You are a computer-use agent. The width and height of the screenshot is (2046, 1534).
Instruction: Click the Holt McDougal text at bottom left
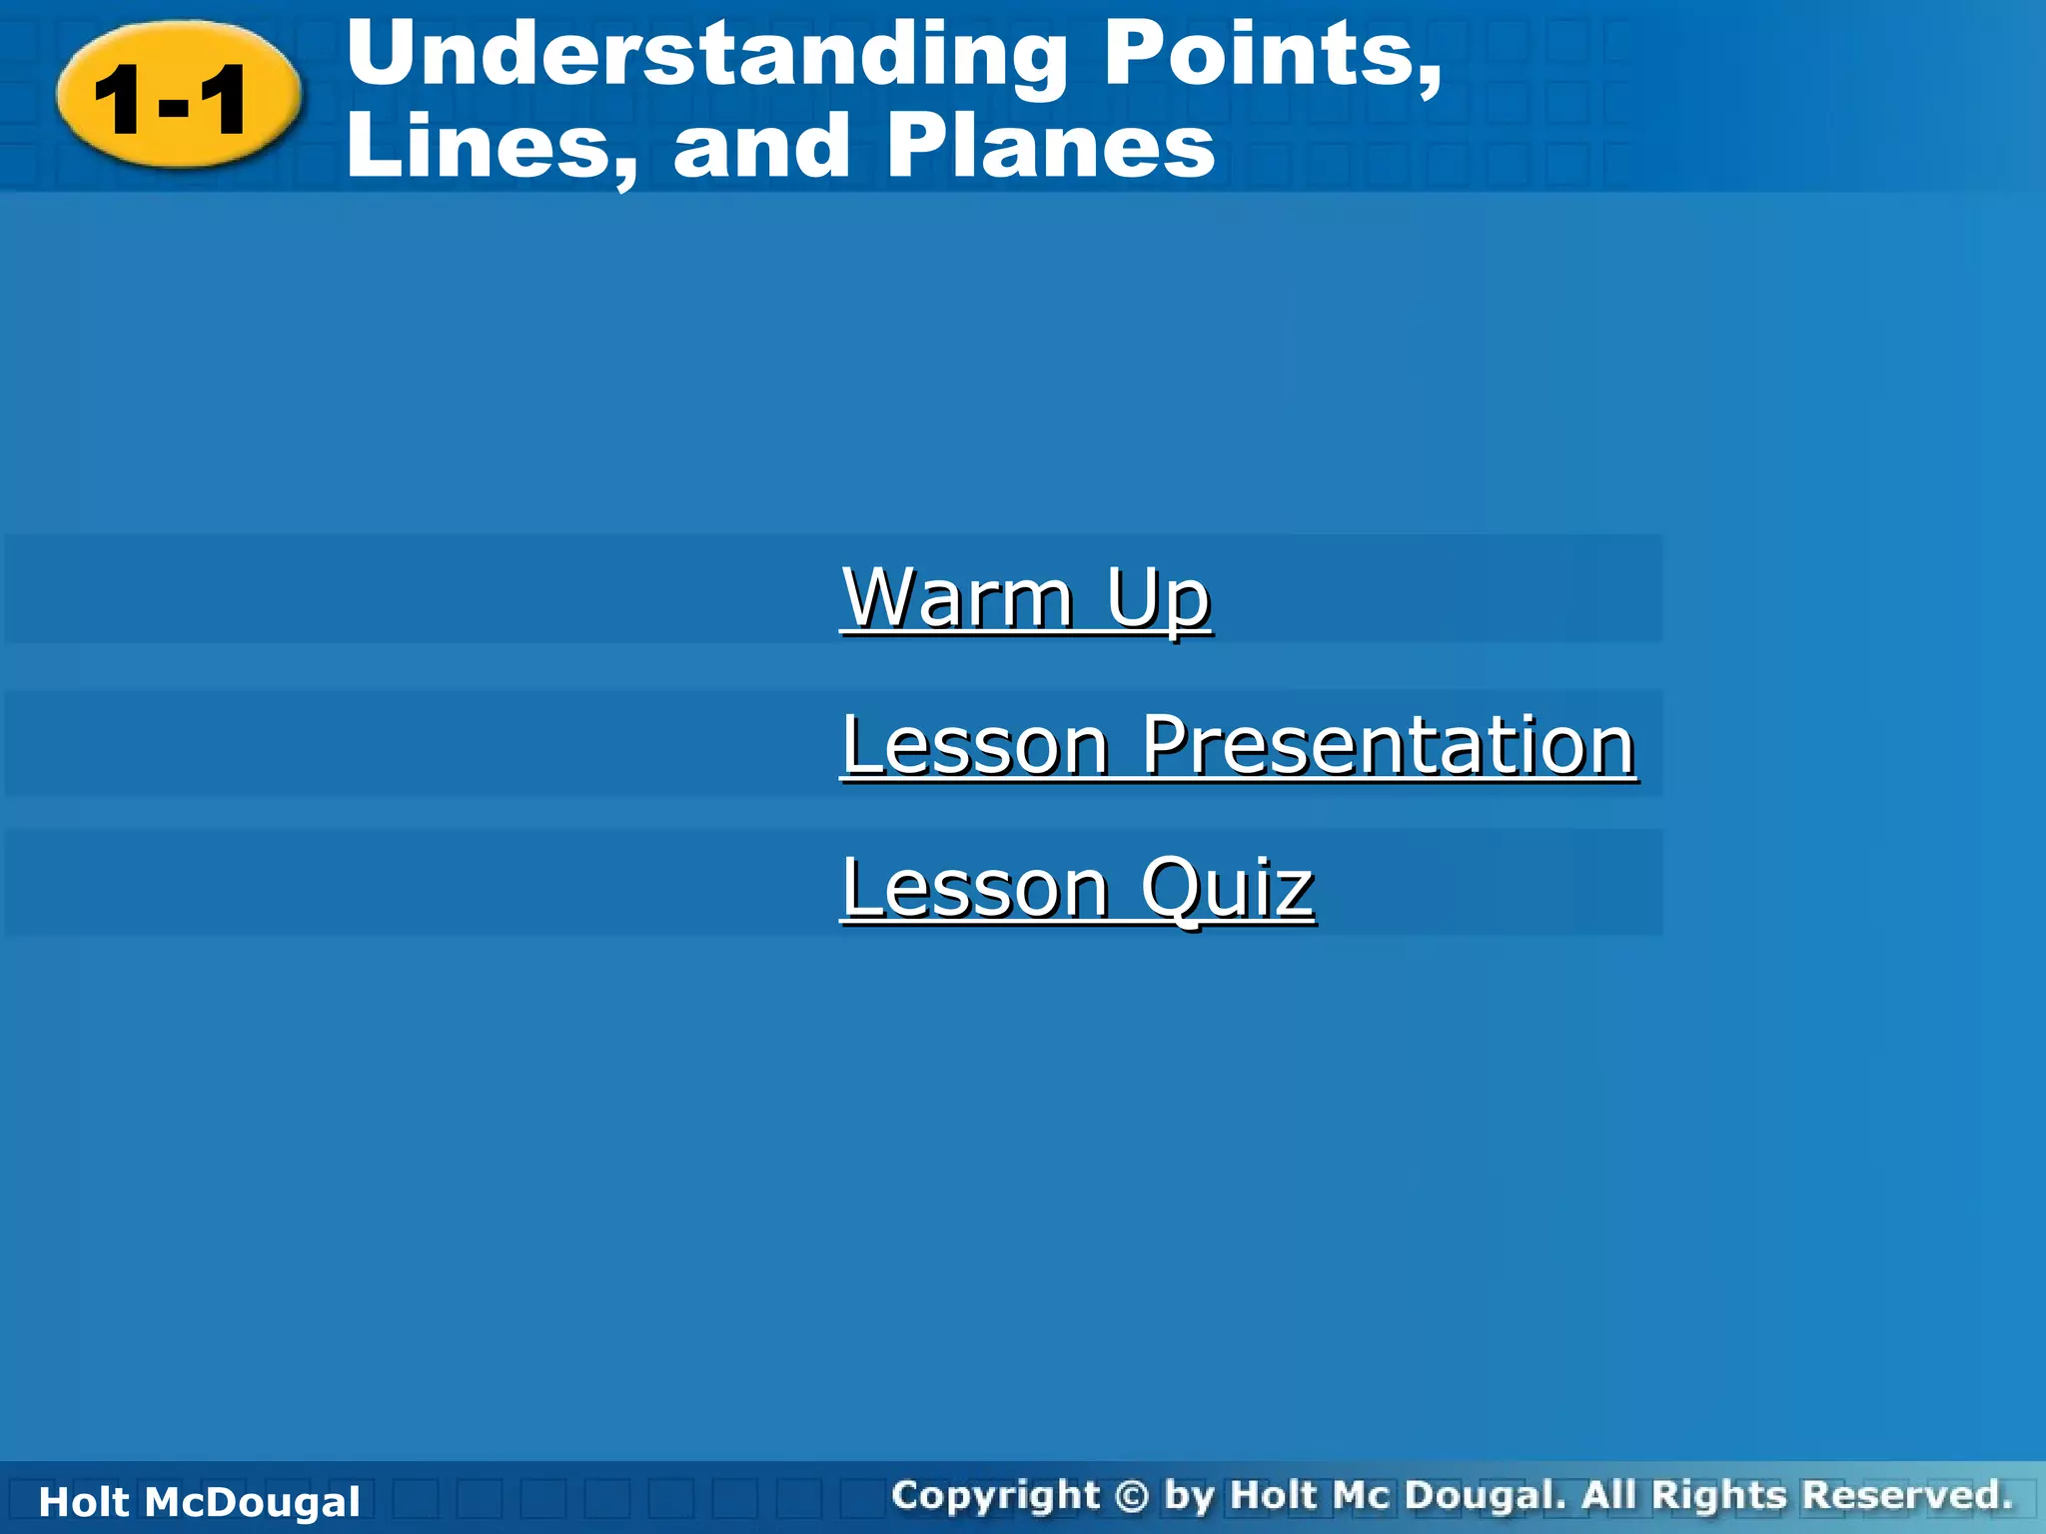coord(199,1502)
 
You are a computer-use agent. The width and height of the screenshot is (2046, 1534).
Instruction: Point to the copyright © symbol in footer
coord(1131,1496)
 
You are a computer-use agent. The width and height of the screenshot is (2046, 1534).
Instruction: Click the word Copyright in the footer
coord(995,1496)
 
